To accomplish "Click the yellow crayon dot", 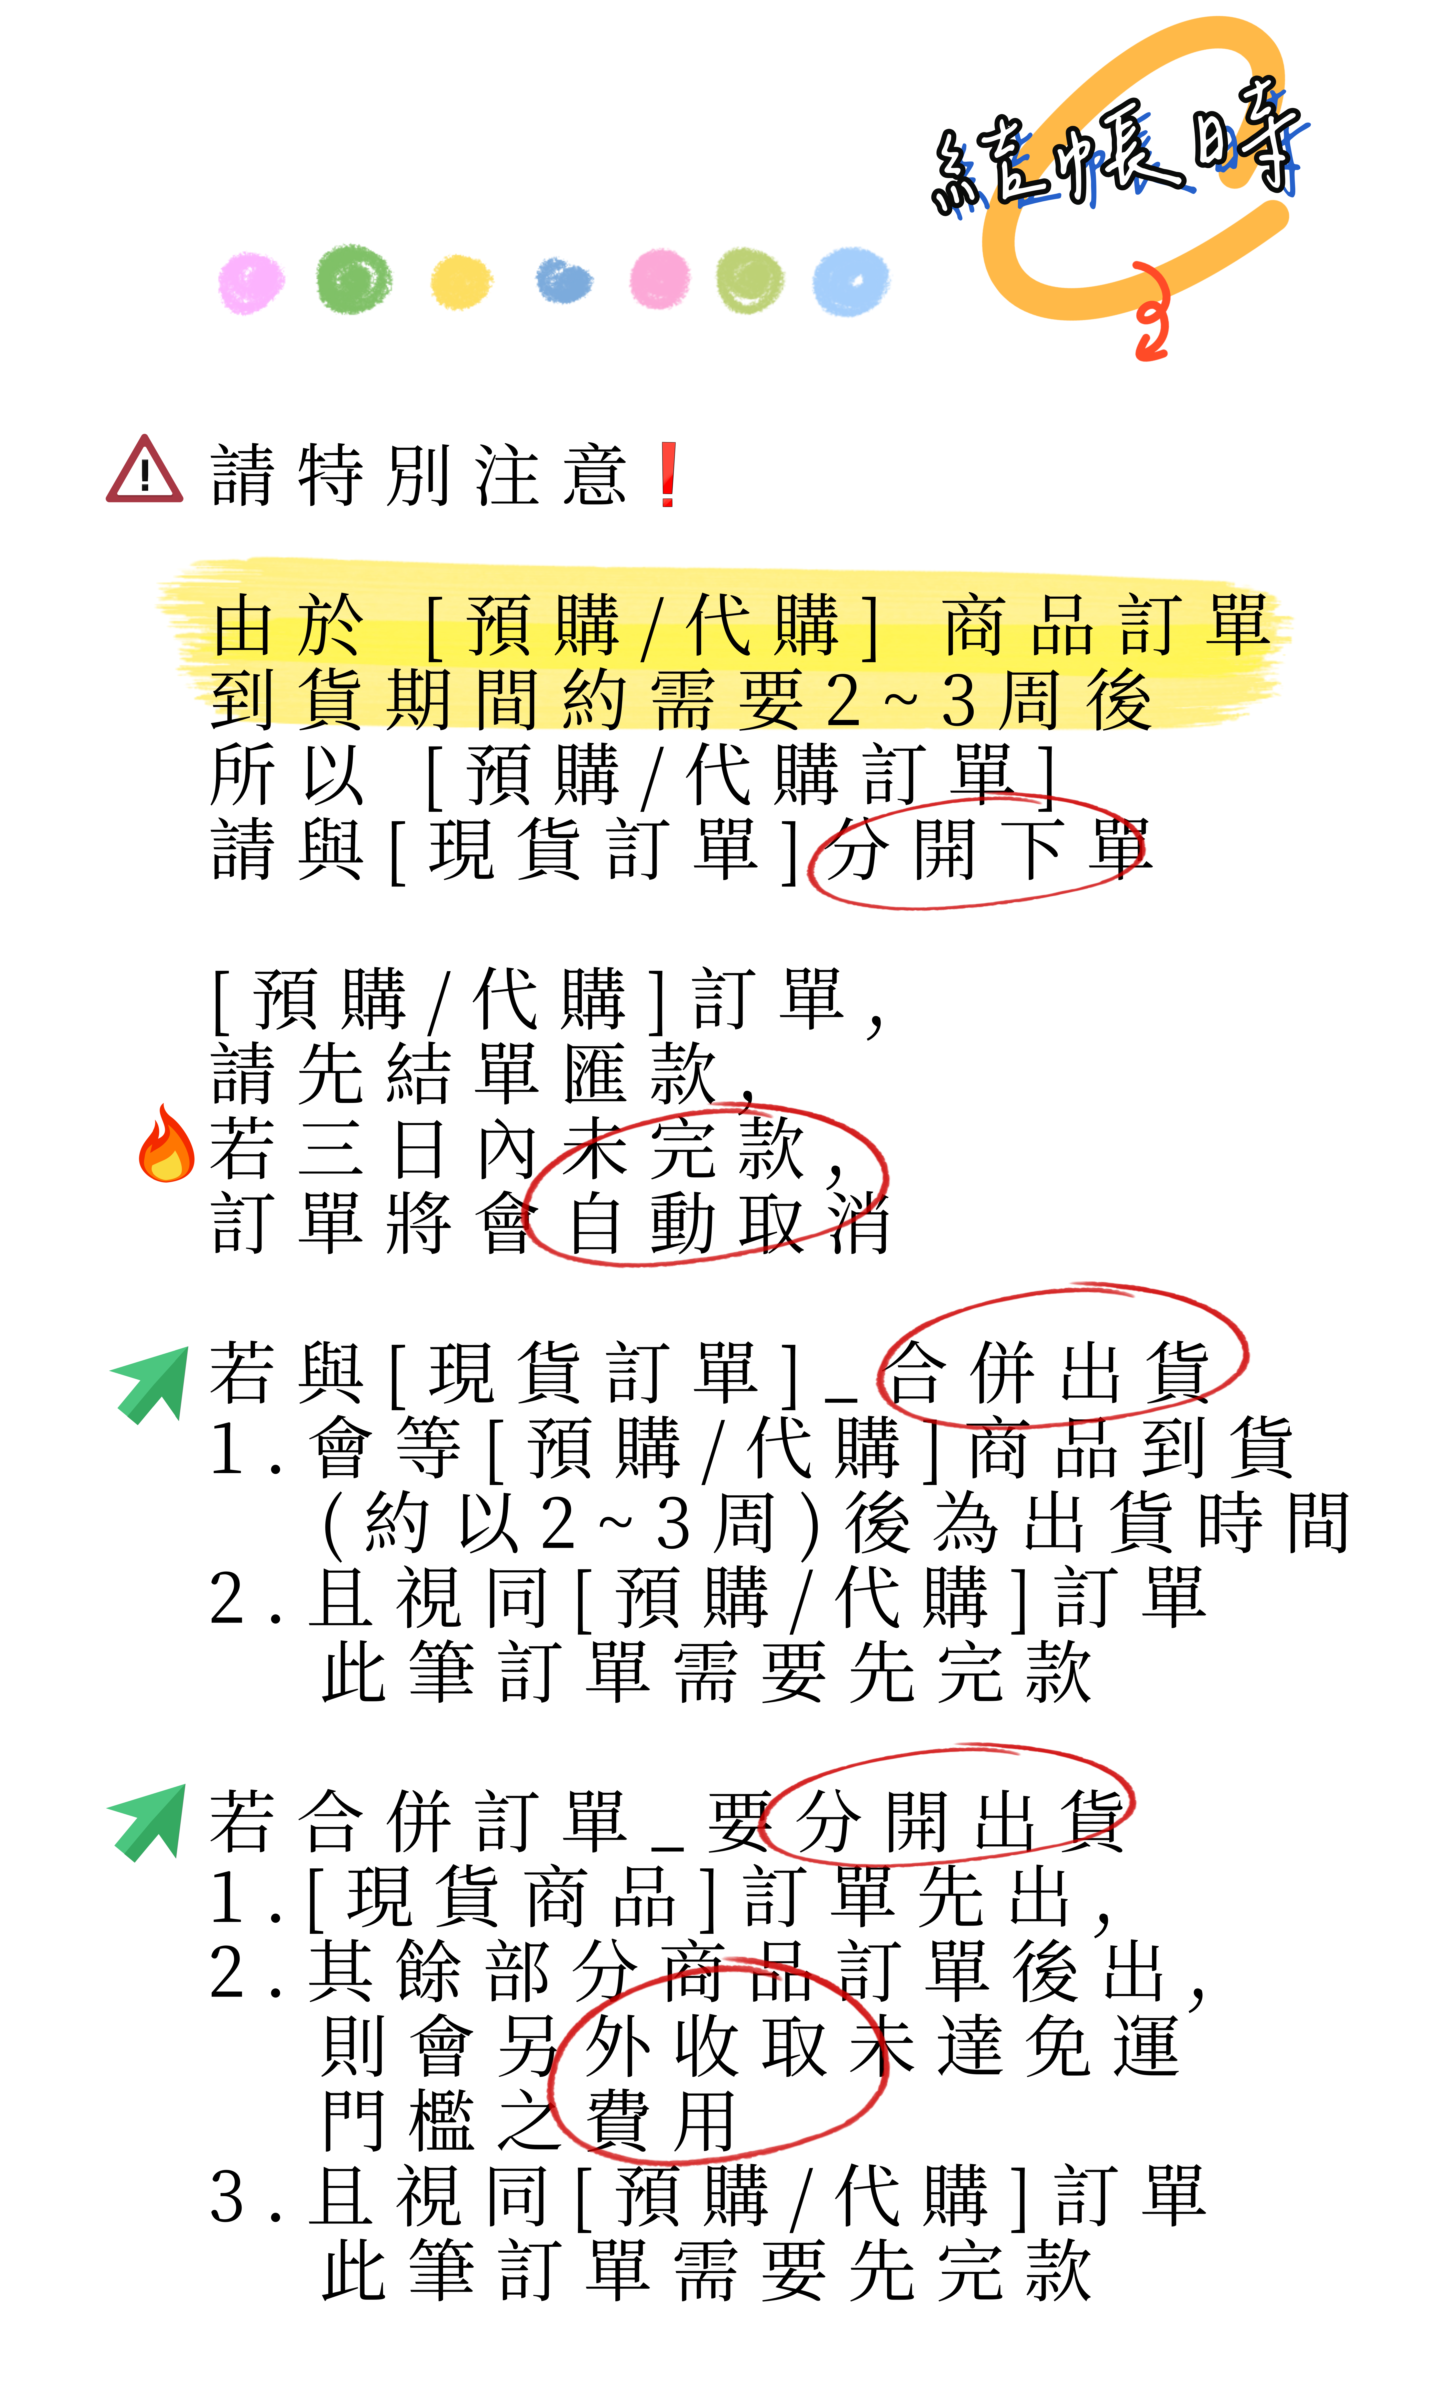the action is click(x=461, y=281).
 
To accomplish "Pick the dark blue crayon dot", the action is click(x=564, y=281).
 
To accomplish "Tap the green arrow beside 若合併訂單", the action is click(x=147, y=1823).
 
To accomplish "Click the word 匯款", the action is click(x=641, y=1074).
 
